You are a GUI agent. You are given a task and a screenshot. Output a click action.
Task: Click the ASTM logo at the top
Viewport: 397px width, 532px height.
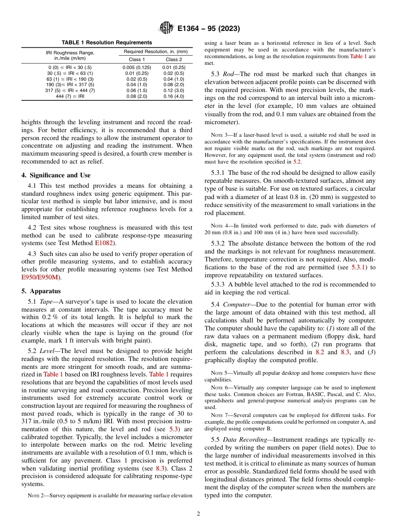[x=166, y=28]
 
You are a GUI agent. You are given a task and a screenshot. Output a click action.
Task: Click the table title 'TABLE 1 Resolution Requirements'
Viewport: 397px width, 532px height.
[x=107, y=43]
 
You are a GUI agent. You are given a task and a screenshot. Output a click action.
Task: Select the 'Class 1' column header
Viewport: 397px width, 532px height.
[x=137, y=59]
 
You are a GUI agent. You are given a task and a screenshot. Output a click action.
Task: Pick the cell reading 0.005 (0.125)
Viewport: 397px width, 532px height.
[x=137, y=67]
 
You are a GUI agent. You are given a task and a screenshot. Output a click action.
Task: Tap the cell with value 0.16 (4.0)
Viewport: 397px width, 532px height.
[x=173, y=96]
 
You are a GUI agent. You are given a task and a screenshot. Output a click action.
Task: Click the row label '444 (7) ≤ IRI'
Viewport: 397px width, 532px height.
[x=70, y=96]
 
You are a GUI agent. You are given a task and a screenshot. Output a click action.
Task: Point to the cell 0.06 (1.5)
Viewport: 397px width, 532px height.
[x=137, y=90]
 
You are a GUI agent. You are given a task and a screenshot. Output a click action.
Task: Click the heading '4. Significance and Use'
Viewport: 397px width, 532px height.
[x=56, y=175]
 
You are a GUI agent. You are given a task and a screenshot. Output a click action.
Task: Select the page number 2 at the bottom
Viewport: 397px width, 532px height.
[x=198, y=514]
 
